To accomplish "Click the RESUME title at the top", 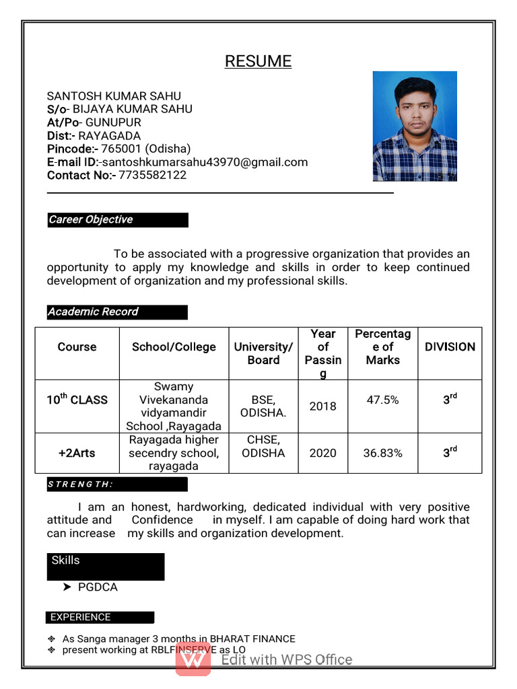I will pos(258,61).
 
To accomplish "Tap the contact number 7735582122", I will pos(153,175).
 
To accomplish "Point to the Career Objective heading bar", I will pos(117,220).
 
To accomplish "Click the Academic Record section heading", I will pos(117,312).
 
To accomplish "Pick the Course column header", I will pos(77,347).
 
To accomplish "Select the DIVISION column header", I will pos(450,347).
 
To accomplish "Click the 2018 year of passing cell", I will pos(322,406).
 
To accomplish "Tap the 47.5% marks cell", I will pos(382,400).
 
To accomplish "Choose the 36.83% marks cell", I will pos(382,454).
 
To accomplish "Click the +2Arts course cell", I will pos(77,454).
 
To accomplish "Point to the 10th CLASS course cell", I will pos(77,400).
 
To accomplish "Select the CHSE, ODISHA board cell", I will pos(263,447).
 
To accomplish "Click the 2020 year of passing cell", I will pos(322,454).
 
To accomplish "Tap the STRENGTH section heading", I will pos(81,484).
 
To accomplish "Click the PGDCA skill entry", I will pos(98,587).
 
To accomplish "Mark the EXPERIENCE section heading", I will pos(81,617).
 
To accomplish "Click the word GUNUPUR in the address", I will pos(113,122).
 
